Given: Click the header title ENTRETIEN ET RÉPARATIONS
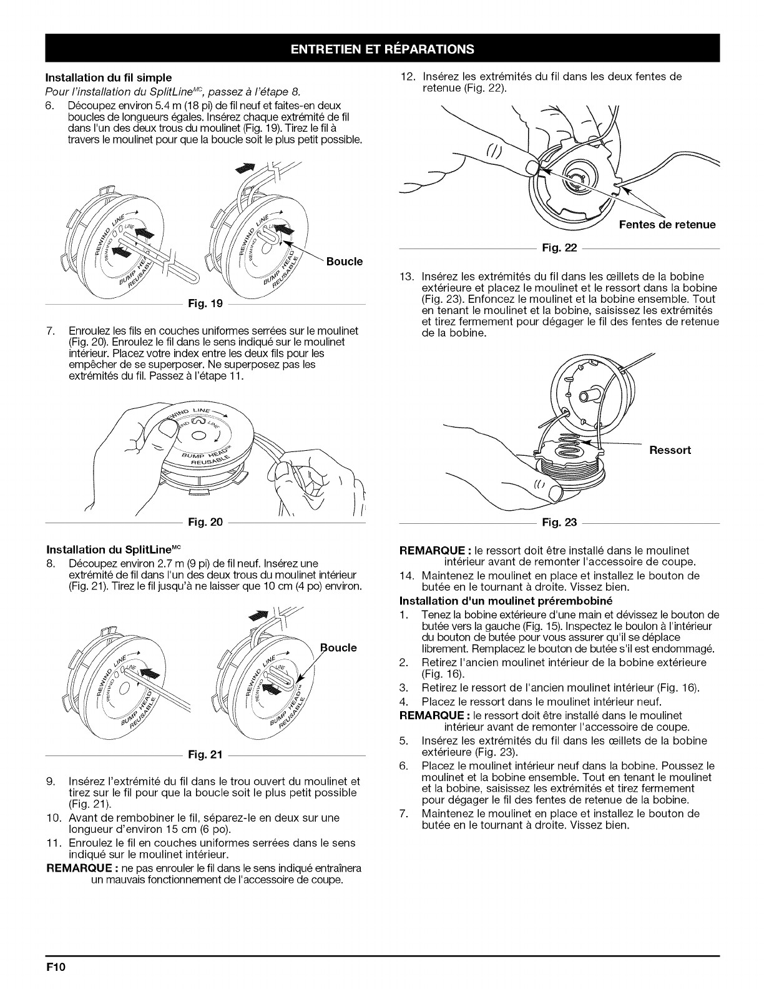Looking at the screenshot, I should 382,49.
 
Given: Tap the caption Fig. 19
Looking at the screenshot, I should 209,305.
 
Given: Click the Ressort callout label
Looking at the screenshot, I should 670,450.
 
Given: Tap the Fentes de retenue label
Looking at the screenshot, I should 667,225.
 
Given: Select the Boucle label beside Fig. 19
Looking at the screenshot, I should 344,261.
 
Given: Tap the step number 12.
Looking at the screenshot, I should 408,77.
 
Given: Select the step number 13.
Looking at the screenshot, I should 408,277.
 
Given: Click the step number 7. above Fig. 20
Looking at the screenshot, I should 50,330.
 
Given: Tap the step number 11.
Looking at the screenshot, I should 52,843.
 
